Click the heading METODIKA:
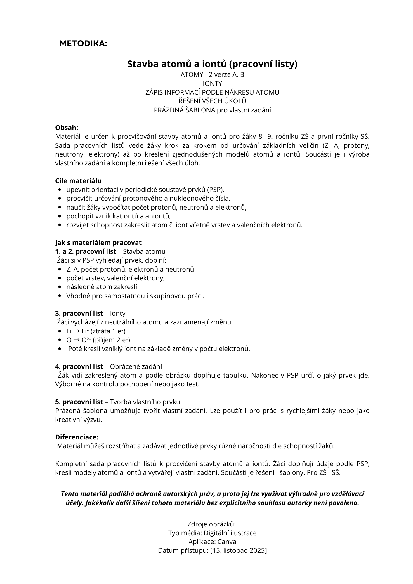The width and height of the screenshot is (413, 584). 83,44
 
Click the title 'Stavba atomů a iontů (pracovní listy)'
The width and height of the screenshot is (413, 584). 212,64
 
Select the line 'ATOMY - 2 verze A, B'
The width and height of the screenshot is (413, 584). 212,75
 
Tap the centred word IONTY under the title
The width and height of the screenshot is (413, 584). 212,84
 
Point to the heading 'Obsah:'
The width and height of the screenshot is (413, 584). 67,128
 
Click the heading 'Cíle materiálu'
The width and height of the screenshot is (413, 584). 78,181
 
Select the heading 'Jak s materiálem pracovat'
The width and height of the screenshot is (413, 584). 98,243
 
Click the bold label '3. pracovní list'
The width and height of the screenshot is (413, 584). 79,313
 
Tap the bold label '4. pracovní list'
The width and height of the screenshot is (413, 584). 79,366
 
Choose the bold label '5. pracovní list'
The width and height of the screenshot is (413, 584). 79,402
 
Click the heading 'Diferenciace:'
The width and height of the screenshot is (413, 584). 77,437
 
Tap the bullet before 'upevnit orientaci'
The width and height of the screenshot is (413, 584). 60,190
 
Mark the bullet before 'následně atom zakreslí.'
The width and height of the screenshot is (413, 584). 60,287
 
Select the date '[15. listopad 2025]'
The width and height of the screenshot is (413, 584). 238,550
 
